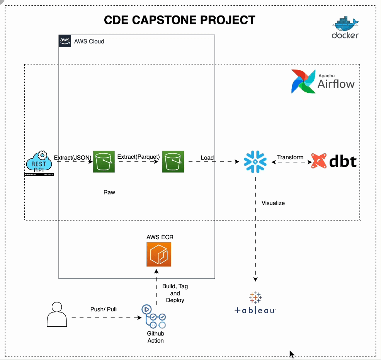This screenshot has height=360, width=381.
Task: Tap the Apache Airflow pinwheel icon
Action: (x=303, y=82)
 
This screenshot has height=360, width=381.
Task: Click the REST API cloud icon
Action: (x=39, y=163)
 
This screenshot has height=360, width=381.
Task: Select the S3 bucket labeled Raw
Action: (x=104, y=161)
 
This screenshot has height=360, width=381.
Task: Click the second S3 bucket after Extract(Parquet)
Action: (x=173, y=161)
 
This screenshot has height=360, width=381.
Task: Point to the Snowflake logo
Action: (x=255, y=161)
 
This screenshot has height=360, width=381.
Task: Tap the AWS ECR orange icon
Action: (x=158, y=254)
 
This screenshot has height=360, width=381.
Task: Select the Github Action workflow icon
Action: (x=154, y=317)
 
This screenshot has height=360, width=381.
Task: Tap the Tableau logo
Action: (x=255, y=303)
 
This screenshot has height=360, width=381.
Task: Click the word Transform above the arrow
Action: (x=290, y=157)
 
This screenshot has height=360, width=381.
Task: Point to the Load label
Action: (x=208, y=158)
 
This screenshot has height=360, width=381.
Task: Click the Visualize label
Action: (x=273, y=203)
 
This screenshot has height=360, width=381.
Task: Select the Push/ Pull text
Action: (x=103, y=309)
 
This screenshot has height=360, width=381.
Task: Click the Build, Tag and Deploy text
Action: (x=175, y=293)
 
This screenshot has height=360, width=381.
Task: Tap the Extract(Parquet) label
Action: (x=138, y=157)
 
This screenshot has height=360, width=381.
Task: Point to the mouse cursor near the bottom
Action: (x=292, y=354)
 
